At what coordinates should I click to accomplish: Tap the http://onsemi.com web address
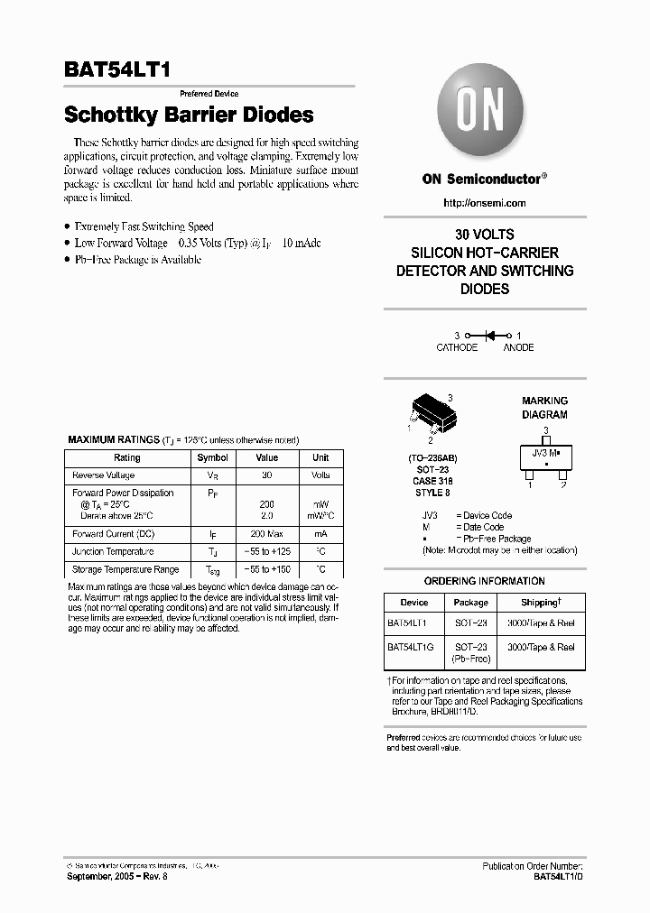click(485, 203)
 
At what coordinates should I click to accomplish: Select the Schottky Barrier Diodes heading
click(189, 115)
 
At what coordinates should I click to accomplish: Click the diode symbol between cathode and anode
click(491, 335)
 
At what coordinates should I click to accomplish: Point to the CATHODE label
click(457, 347)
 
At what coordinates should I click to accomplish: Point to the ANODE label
click(518, 347)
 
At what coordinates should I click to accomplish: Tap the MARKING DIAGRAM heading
click(544, 408)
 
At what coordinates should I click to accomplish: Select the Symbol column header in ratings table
click(212, 457)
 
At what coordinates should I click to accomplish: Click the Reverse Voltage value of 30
click(266, 475)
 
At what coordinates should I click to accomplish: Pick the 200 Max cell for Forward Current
click(266, 534)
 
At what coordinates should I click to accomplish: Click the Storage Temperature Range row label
click(125, 569)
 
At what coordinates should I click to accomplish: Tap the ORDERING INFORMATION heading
click(485, 581)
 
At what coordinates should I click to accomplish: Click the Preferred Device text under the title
click(209, 94)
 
